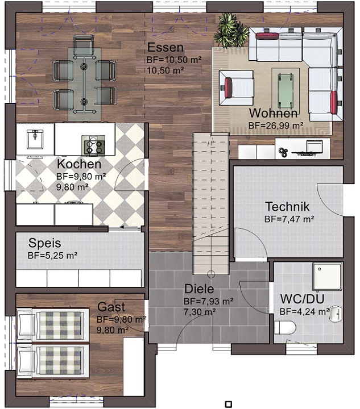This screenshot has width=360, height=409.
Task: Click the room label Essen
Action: pos(165,48)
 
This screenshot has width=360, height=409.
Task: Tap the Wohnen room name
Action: pos(273,113)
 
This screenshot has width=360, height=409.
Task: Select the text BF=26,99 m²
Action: pos(276,126)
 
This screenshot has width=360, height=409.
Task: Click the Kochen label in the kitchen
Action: pos(79,164)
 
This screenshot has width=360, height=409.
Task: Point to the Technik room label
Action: pos(287,207)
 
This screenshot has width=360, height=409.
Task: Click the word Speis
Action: pos(44,243)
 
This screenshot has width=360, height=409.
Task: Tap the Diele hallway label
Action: pos(199,289)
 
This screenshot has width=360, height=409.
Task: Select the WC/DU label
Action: pos(302,299)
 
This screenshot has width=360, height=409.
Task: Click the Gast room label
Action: pos(111,307)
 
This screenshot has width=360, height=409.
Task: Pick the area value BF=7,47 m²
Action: pos(289,219)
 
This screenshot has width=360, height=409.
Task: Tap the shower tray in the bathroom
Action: pos(328,276)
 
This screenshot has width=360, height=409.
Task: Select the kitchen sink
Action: pos(35,139)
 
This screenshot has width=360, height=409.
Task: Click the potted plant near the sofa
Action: pos(231,31)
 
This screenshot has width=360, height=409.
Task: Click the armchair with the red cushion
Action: pos(236,88)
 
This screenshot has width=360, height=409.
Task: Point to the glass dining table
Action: pos(84,84)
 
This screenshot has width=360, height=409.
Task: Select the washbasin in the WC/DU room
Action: pos(336,314)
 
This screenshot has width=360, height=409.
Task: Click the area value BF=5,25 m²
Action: pos(52,256)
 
